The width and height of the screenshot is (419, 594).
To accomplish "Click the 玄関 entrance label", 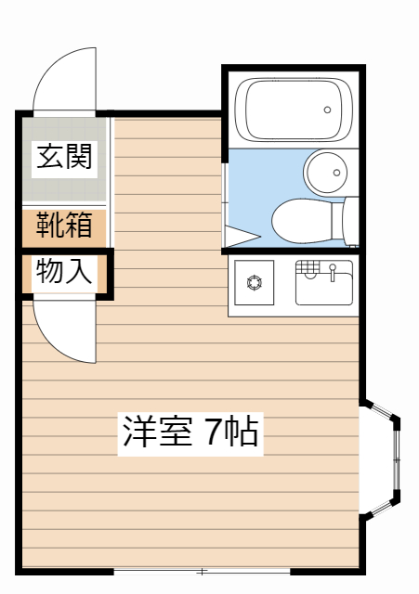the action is (x=64, y=157).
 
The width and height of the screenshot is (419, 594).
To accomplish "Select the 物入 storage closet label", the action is (x=64, y=271).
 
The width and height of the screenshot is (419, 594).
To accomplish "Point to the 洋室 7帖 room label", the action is (x=190, y=433).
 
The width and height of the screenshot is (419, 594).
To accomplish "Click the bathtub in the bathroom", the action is (x=293, y=110).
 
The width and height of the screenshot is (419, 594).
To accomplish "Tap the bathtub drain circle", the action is (x=327, y=110).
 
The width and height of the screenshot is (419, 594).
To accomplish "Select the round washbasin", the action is (x=326, y=173).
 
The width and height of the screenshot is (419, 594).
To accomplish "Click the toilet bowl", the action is (x=301, y=221).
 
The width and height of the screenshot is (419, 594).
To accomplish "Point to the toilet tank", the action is (x=350, y=222).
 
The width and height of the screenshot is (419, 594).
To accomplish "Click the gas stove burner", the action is (x=254, y=282).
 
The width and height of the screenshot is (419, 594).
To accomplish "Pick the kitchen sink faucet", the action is (x=333, y=272).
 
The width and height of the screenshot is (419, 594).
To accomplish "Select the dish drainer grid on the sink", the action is (x=308, y=266).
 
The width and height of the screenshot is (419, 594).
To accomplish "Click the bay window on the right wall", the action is (x=380, y=459).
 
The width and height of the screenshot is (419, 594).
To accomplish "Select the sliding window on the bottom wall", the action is (x=203, y=572).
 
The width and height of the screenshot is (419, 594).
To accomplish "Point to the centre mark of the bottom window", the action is (x=203, y=572).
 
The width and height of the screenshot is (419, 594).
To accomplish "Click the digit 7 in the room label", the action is (x=214, y=432).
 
